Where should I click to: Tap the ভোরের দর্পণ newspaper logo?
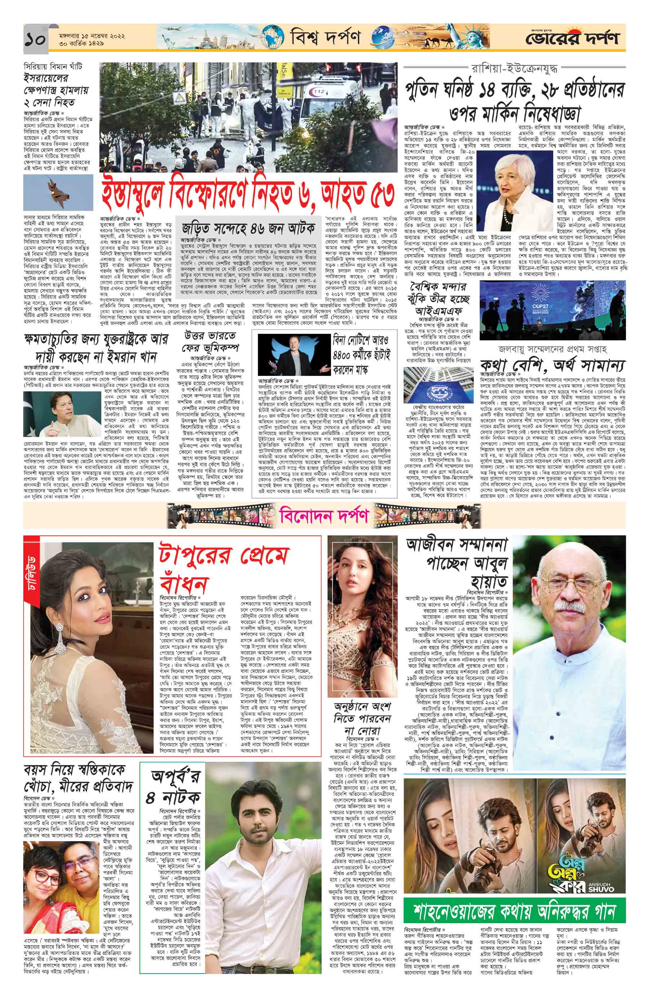pos(578,39)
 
